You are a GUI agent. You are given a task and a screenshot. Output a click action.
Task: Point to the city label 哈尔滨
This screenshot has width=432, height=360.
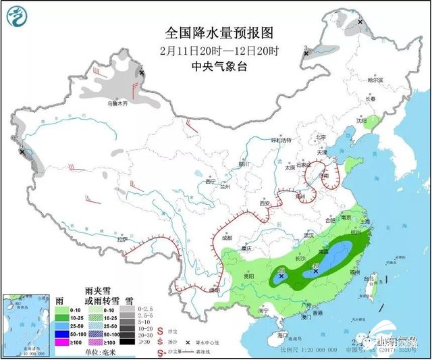point(375,80)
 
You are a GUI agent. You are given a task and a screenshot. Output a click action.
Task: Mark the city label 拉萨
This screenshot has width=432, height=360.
point(122,240)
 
